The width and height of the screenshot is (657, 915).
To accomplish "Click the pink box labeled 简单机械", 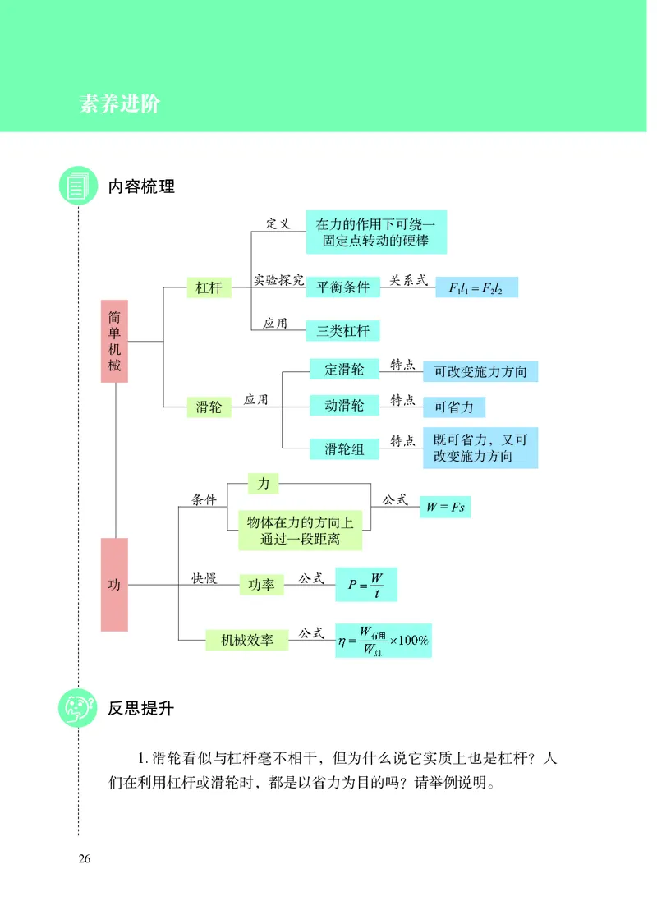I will (114, 341).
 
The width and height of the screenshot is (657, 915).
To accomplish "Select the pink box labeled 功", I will (114, 585).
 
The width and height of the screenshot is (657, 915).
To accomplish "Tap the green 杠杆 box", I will (209, 287).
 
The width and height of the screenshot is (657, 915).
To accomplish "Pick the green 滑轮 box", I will (209, 406).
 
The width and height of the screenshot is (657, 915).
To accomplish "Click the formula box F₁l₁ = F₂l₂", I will (476, 287).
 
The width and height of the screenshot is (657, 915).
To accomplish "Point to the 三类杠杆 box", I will (342, 331).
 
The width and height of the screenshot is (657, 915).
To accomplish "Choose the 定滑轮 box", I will (343, 369).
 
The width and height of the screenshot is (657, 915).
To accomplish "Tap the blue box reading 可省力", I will (453, 407).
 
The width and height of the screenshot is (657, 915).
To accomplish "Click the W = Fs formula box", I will (445, 507).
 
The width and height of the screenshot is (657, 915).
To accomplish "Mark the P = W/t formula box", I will (366, 585).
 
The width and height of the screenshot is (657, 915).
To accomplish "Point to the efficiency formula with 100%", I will (384, 641).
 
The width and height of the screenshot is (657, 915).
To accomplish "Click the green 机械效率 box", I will (247, 640).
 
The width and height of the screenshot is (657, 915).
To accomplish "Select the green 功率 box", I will (261, 585).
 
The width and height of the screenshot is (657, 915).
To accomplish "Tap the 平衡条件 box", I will (342, 287).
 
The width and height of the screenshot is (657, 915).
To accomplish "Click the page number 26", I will (85, 859).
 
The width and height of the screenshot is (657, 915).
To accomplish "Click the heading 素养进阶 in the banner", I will (121, 105).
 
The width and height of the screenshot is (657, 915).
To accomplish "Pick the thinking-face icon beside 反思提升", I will (78, 708).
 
